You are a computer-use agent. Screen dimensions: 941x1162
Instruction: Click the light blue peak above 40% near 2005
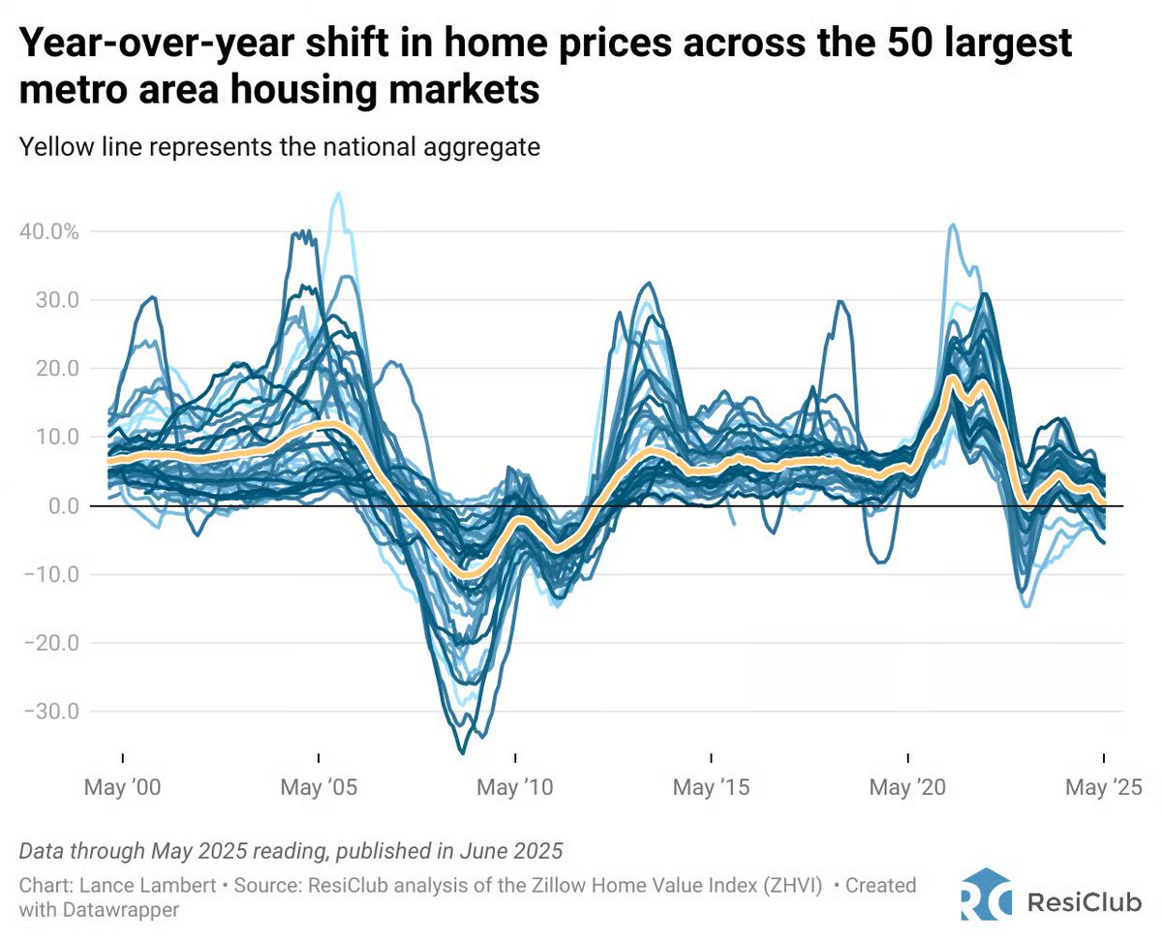tap(338, 194)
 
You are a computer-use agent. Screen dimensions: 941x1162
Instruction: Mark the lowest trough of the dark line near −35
tap(462, 752)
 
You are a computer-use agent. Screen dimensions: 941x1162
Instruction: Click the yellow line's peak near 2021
tap(952, 379)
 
